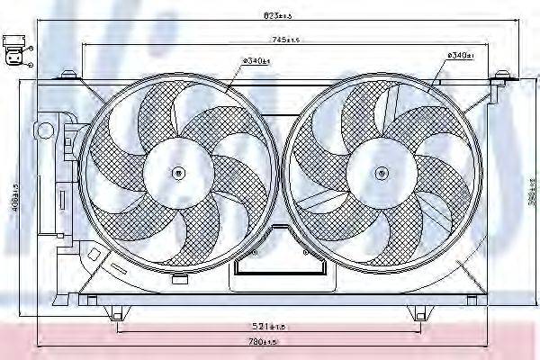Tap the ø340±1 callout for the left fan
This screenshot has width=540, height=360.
pos(256,61)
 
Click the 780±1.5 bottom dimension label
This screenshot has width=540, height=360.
pos(266,342)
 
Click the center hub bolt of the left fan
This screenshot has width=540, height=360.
pos(178,171)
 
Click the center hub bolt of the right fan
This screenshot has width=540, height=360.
pos(382,170)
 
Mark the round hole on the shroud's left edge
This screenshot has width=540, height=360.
pos(43,130)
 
